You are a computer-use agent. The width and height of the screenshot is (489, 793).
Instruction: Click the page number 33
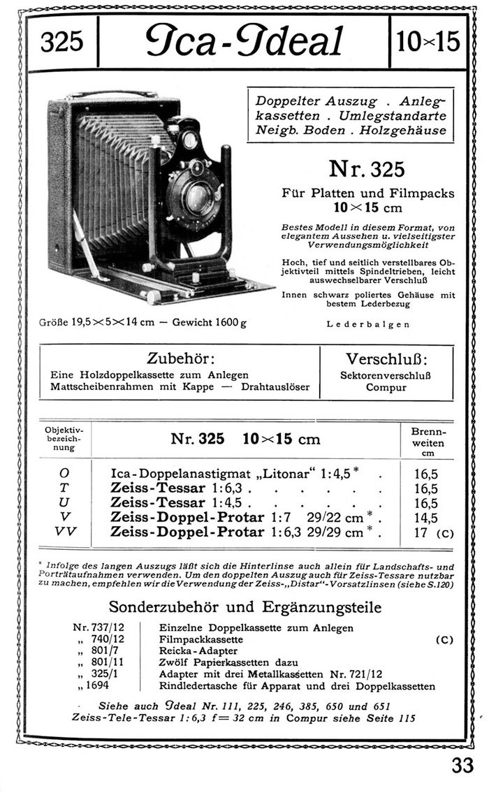pyautogui.click(x=462, y=765)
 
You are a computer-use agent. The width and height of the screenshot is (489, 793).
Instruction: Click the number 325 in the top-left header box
pyautogui.click(x=62, y=43)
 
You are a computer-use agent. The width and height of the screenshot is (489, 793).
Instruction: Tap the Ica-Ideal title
pyautogui.click(x=244, y=41)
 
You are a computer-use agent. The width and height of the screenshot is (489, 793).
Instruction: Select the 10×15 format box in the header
pyautogui.click(x=428, y=43)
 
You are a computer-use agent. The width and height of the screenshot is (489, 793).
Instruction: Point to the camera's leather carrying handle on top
pyautogui.click(x=112, y=93)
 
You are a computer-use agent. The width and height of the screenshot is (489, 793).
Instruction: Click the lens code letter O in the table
pyautogui.click(x=64, y=473)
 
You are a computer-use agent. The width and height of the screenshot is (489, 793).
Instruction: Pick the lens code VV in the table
pyautogui.click(x=64, y=532)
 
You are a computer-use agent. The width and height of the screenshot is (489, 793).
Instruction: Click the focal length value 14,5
pyautogui.click(x=426, y=518)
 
